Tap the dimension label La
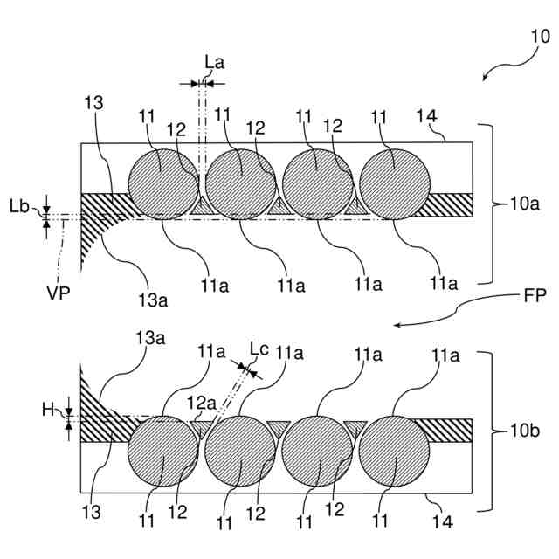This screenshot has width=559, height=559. click(214, 62)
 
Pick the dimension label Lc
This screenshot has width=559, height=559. click(260, 349)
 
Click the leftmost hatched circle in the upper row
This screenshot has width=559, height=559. click(162, 183)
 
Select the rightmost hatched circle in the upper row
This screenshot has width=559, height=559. click(395, 183)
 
